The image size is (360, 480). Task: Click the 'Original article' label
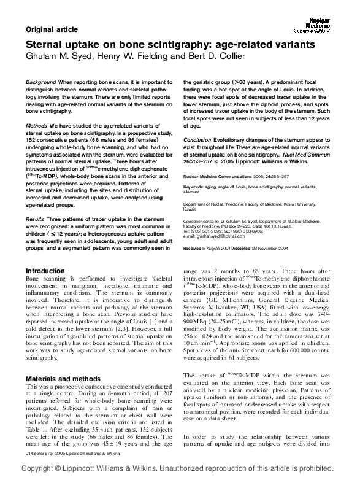[x=52, y=29]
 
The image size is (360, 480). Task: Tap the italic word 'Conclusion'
[x=200, y=139]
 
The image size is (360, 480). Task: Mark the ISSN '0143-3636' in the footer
[x=38, y=453]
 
